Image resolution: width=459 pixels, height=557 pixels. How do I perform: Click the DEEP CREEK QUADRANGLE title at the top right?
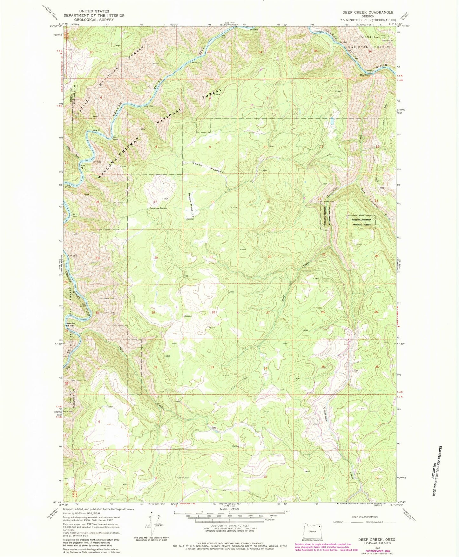[368, 12]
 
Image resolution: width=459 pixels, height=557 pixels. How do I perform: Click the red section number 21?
[211, 257]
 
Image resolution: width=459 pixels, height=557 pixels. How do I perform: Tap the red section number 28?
[213, 312]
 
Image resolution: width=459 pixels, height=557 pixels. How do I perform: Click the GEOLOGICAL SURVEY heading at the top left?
[94, 20]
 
